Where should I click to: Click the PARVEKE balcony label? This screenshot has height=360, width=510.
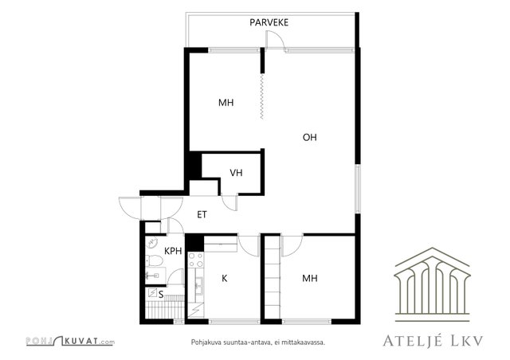[269, 22]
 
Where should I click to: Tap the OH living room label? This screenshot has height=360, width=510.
[310, 137]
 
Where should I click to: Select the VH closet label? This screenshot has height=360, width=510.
[236, 173]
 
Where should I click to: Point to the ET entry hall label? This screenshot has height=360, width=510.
[202, 214]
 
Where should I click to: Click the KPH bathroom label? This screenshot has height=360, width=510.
[173, 251]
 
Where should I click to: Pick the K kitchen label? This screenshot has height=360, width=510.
[225, 278]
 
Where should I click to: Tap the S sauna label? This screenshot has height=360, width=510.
[161, 295]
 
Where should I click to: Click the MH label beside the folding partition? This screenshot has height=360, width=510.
[226, 103]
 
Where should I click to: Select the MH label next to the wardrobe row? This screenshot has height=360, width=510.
[310, 278]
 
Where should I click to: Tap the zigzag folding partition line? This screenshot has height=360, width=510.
[262, 96]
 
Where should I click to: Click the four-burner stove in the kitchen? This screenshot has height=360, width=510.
[196, 260]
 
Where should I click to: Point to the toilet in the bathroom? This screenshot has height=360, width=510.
[154, 260]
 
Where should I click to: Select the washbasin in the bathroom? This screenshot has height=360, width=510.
[152, 242]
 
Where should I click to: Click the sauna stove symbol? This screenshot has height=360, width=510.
[152, 292]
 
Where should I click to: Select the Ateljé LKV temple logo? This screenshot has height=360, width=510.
[432, 284]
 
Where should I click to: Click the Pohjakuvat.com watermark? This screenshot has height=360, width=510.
[70, 341]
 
